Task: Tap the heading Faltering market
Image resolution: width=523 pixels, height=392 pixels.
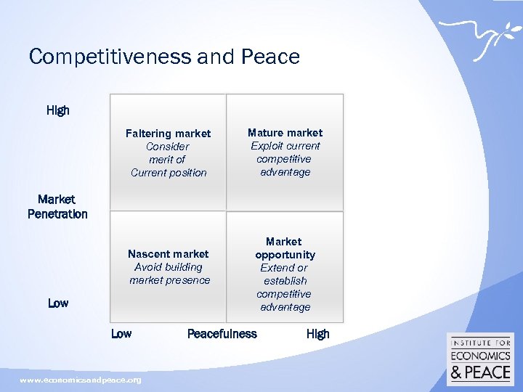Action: (168, 134)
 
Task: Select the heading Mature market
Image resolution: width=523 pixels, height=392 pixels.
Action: (285, 133)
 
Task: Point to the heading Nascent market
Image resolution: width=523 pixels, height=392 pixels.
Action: (168, 254)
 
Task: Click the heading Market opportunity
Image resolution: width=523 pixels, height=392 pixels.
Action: (285, 248)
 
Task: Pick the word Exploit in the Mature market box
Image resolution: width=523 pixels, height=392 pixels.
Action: (266, 146)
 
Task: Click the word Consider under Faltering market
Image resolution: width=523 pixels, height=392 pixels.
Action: (168, 147)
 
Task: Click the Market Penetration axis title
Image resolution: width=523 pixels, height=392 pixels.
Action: (57, 207)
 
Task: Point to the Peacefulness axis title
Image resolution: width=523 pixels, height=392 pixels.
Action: (222, 334)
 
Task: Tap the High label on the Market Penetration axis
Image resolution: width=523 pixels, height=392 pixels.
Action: (58, 110)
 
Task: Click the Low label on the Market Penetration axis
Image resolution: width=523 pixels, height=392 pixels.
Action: (58, 303)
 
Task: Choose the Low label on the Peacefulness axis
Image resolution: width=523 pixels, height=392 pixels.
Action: (121, 334)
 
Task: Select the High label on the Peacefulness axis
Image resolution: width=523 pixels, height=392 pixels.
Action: (317, 334)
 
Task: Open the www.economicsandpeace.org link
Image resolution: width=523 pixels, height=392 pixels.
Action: (81, 380)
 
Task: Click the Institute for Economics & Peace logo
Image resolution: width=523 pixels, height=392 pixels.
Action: (479, 359)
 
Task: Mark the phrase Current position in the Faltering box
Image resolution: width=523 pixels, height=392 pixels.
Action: (169, 173)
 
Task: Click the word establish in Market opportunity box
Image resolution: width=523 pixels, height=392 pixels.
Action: (285, 281)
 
